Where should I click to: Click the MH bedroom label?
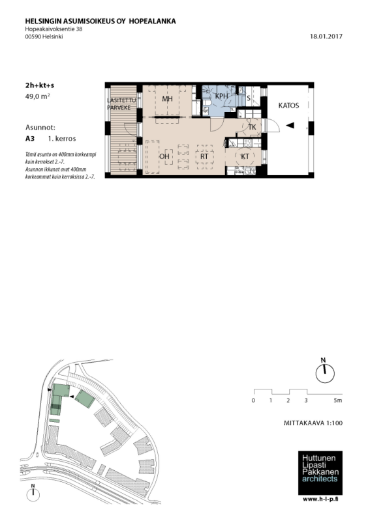167,99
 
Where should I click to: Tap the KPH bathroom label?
221,96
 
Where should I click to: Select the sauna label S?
249,98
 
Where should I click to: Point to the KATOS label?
289,106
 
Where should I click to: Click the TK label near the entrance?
252,127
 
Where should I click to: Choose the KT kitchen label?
245,156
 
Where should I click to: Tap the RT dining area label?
204,156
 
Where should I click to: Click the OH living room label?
164,156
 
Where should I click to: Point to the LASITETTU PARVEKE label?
121,104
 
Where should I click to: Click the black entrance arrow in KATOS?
290,125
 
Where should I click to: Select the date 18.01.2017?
326,36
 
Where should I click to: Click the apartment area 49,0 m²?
38,96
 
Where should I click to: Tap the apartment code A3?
30,139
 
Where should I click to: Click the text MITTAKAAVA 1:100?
313,423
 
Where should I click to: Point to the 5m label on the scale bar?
338,401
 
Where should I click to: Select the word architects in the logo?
320,479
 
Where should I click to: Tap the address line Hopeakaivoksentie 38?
54,29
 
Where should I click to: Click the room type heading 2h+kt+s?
40,85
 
